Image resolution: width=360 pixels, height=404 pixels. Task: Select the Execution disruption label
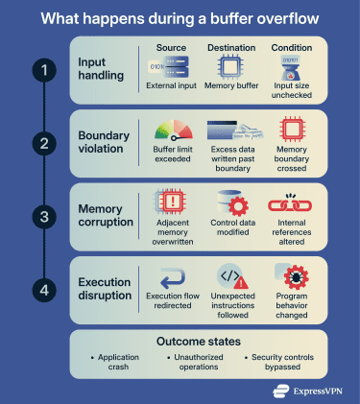pos(105,288)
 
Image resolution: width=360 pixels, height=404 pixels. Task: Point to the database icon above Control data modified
pos(230,203)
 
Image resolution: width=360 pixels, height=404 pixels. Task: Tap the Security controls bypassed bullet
pos(287,362)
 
